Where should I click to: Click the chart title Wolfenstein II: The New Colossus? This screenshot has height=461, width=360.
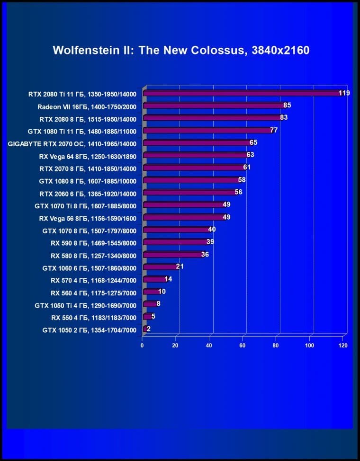[x=181, y=50]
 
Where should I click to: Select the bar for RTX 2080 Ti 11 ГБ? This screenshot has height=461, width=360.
[x=242, y=93]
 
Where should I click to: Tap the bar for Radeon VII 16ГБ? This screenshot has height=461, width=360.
[x=213, y=106]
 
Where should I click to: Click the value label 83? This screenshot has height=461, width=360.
[x=284, y=117]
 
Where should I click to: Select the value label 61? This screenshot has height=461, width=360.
[x=246, y=167]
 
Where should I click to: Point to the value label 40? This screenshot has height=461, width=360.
[x=212, y=229]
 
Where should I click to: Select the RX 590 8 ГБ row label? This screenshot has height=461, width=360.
[x=93, y=243]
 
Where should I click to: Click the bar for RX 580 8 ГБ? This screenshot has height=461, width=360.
[x=172, y=255]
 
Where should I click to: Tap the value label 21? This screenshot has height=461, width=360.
[x=180, y=266]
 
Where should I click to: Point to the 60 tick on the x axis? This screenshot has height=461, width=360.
[x=243, y=345]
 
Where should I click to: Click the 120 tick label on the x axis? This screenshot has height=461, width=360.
[x=343, y=345]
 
